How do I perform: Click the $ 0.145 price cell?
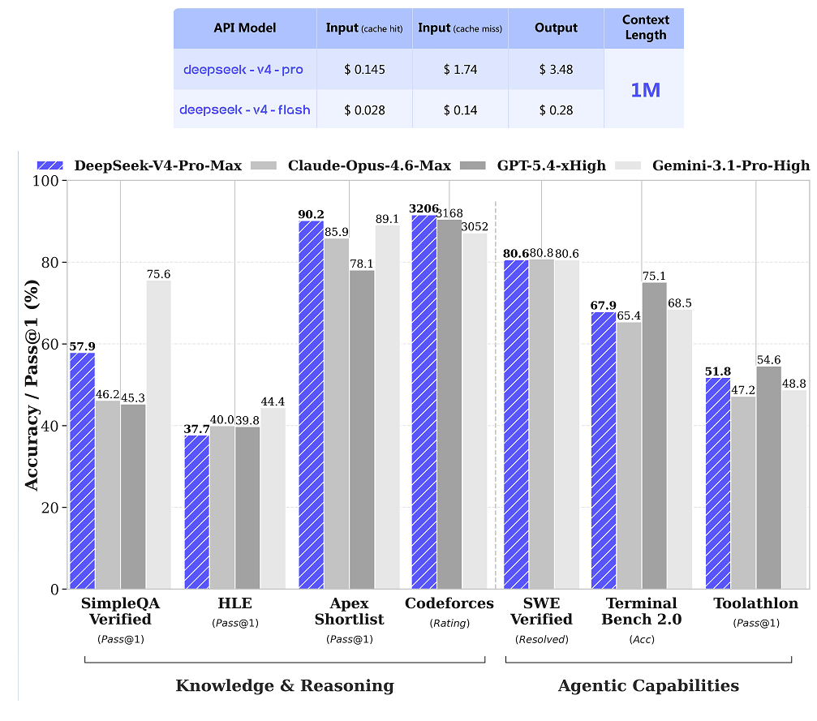(364, 70)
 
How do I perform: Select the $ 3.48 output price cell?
(556, 70)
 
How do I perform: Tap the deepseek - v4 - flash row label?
(244, 109)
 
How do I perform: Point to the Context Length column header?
(645, 28)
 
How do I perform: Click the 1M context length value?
(645, 90)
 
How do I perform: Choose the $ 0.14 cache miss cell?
(460, 109)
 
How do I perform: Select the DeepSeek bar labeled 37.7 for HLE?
(196, 512)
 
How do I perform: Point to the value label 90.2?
(311, 215)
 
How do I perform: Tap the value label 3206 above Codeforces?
(424, 208)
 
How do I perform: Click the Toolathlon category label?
(756, 603)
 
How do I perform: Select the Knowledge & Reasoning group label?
(285, 686)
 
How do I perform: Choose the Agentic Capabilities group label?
(648, 686)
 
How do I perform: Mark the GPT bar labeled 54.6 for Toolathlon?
(768, 478)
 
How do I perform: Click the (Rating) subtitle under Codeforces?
(449, 623)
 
